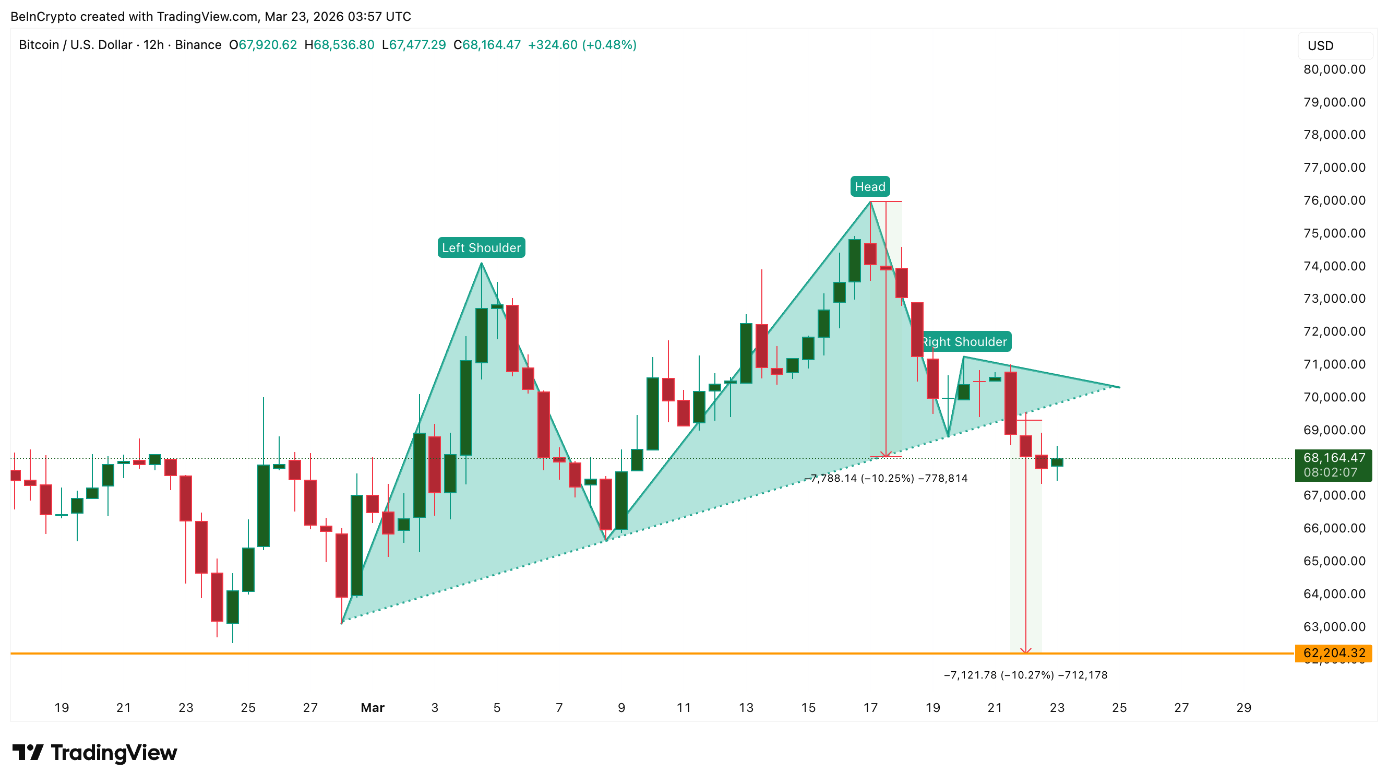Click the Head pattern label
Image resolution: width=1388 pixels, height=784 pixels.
[x=870, y=186]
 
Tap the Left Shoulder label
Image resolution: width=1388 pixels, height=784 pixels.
[x=481, y=248]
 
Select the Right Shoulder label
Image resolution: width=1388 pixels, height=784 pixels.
[x=964, y=341]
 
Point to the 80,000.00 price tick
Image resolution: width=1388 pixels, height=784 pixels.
[x=1334, y=69]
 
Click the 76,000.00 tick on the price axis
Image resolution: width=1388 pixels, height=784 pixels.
[x=1334, y=200]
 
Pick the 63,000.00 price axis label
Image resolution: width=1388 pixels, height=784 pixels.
[x=1334, y=627]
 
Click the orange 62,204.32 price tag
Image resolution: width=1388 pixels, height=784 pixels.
[x=1334, y=653]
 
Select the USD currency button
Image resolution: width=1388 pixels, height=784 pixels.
[x=1334, y=46]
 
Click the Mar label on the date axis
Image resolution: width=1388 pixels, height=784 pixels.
[x=373, y=707]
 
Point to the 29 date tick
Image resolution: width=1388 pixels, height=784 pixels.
[x=1243, y=707]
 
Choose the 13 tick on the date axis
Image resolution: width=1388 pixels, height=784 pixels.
[x=746, y=707]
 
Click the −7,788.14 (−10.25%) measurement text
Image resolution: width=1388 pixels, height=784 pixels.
[x=887, y=478]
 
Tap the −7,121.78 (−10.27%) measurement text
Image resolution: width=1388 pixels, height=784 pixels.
[x=1025, y=674]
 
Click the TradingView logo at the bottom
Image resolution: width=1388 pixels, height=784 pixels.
[x=95, y=753]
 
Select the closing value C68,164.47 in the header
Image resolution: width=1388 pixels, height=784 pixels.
[x=486, y=45]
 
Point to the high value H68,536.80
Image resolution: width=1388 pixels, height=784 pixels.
[x=339, y=45]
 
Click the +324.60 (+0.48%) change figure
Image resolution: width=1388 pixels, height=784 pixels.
[x=582, y=45]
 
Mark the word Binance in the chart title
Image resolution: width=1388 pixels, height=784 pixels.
[x=198, y=45]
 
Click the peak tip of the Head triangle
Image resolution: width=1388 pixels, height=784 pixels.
[x=870, y=201]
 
